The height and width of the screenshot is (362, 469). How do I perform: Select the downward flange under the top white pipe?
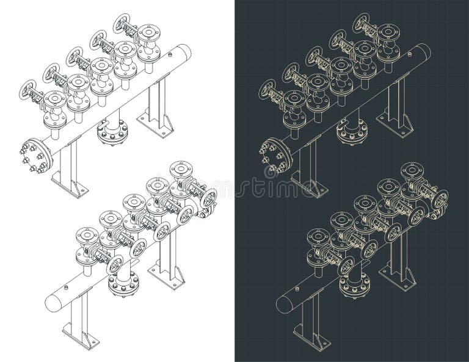coord(113,132)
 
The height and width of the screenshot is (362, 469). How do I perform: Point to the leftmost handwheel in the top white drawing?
coord(28,90)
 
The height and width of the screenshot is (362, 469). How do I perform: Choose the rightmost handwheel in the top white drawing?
coord(122,23)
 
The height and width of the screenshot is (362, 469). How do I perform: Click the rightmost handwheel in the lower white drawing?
coord(209,198)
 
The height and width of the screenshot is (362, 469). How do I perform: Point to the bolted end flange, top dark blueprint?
coord(275,156)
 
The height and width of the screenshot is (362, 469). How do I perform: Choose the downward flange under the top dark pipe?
coord(352,132)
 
